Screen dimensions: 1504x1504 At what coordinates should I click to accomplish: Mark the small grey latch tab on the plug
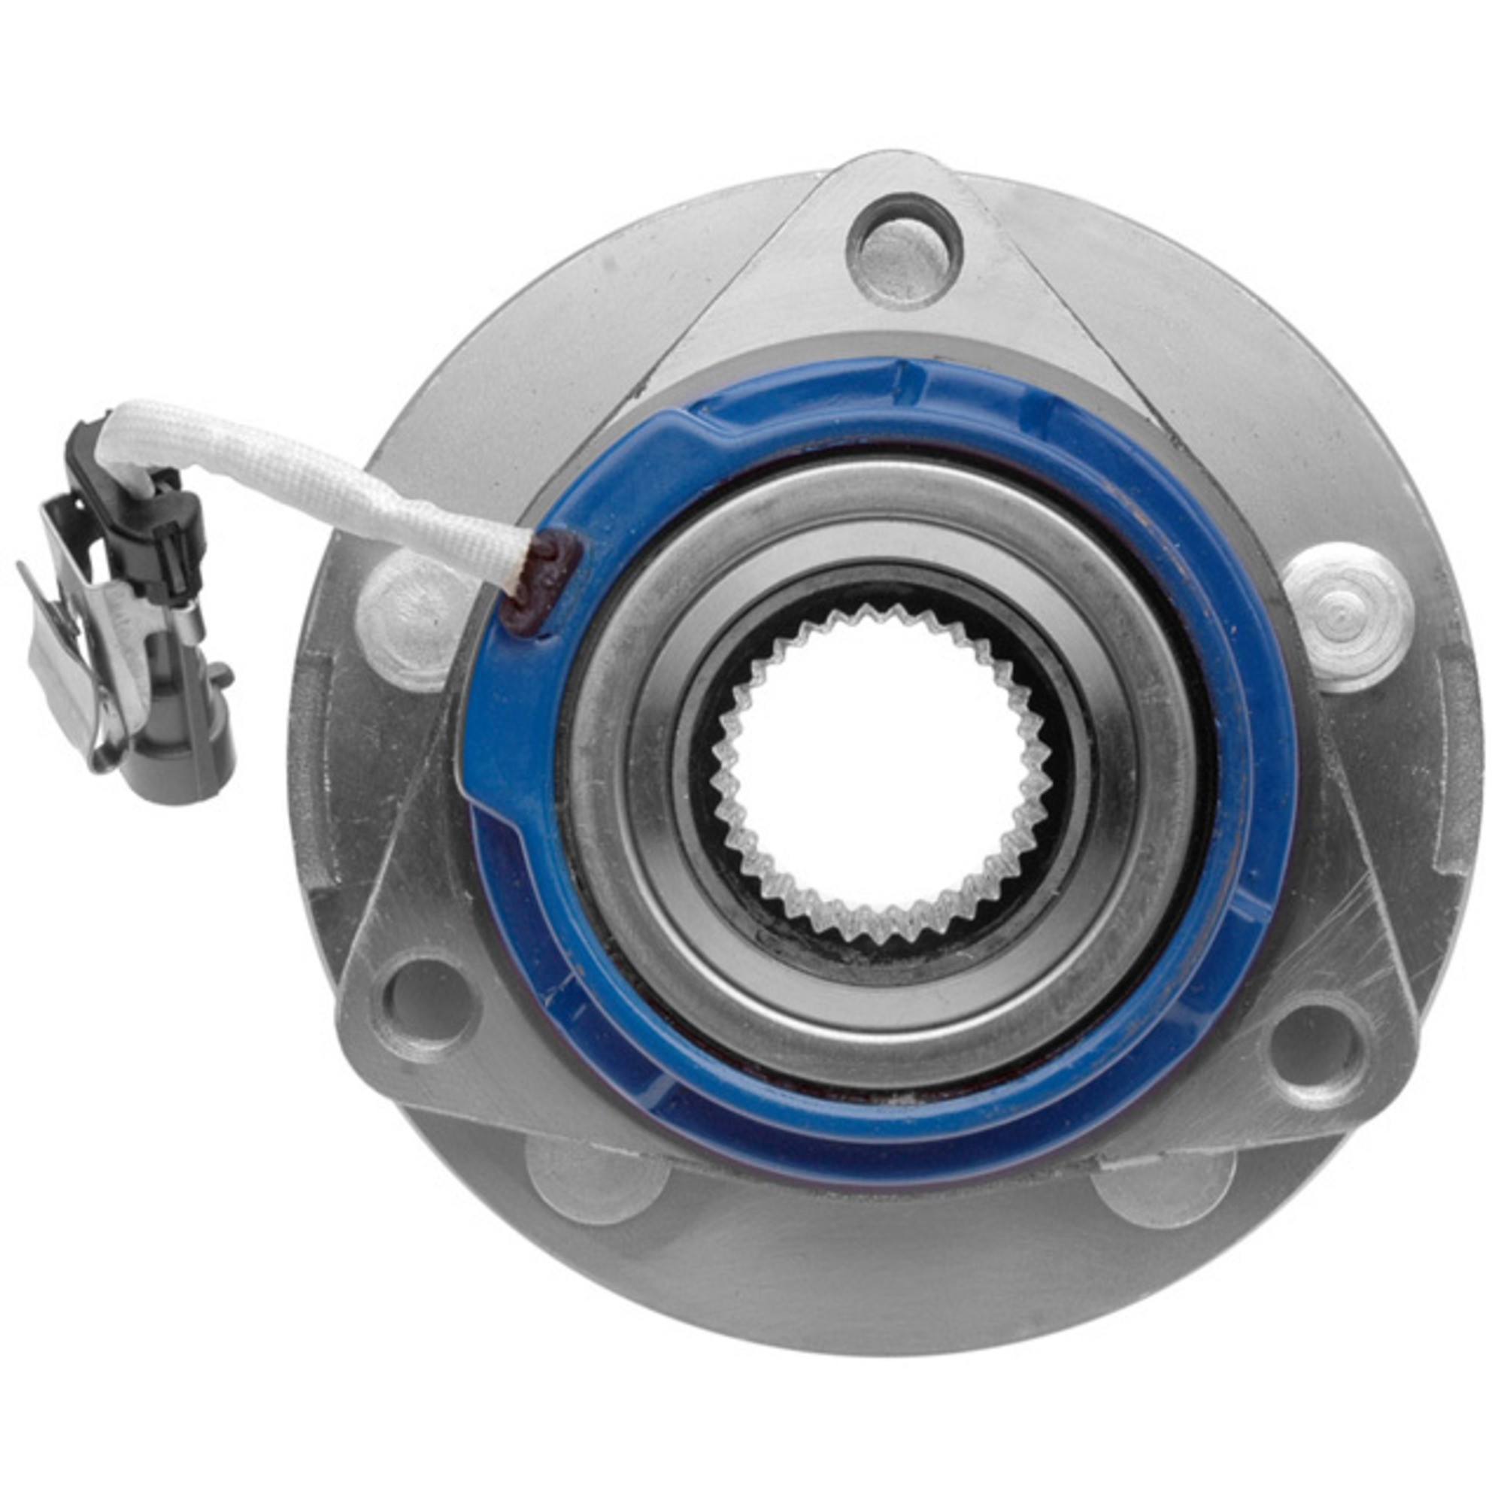point(220,672)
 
